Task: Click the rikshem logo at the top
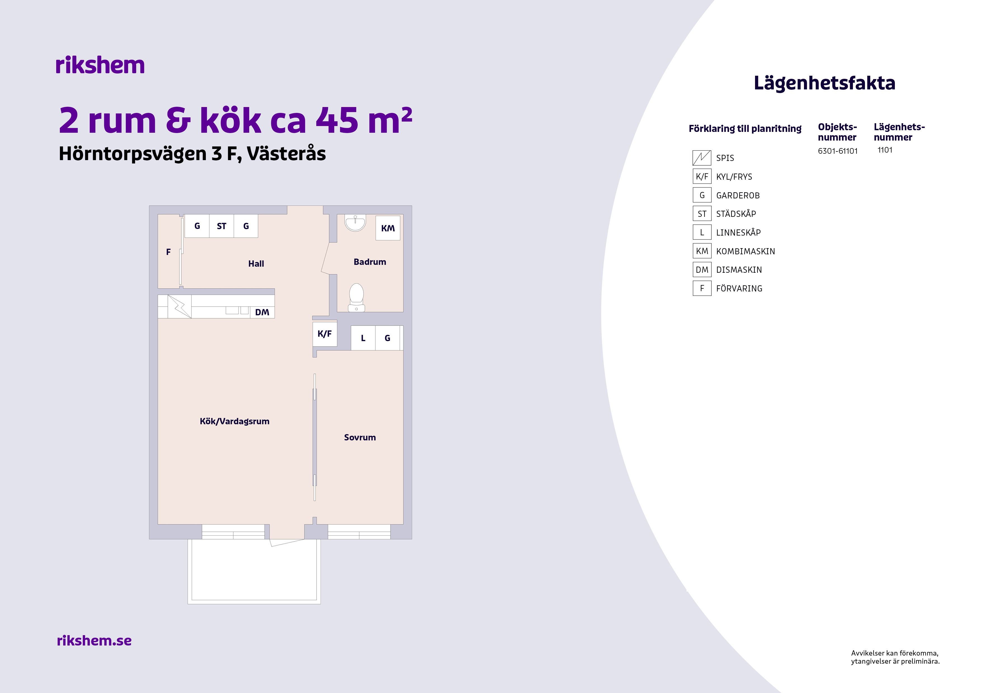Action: coord(100,65)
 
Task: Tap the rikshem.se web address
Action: coord(94,640)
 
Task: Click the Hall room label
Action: coord(256,264)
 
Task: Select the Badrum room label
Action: coord(370,262)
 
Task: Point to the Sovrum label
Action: coord(360,437)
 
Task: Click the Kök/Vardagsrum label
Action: coord(235,421)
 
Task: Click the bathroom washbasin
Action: coord(355,222)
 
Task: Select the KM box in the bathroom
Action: coord(388,228)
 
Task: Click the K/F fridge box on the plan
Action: coord(325,333)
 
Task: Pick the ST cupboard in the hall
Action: coord(221,226)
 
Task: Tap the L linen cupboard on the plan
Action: coord(363,338)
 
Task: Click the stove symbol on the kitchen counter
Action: coord(180,306)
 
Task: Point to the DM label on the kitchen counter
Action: coord(262,312)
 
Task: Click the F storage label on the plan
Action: coord(168,252)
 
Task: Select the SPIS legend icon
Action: coord(702,158)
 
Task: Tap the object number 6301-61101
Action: coord(838,151)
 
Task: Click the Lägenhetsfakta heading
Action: coord(824,83)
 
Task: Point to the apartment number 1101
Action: coord(885,150)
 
